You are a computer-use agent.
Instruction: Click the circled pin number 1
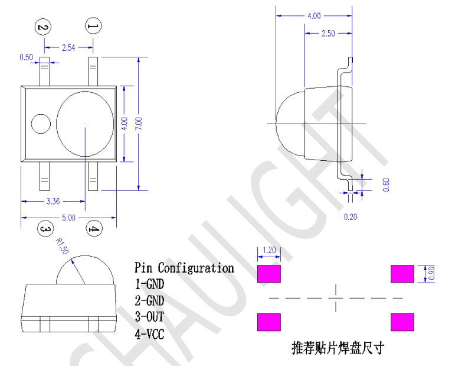click(93, 26)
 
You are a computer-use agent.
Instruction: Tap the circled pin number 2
click(43, 27)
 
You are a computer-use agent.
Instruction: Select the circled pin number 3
click(45, 229)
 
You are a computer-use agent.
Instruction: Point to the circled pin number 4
click(94, 229)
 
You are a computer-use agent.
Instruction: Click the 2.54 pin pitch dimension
click(68, 48)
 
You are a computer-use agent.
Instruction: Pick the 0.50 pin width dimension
click(26, 57)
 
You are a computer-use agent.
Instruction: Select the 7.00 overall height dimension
click(139, 124)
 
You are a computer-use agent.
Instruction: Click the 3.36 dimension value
click(53, 202)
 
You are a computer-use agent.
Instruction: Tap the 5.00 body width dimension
click(68, 218)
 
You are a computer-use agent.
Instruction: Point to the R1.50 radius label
click(62, 246)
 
